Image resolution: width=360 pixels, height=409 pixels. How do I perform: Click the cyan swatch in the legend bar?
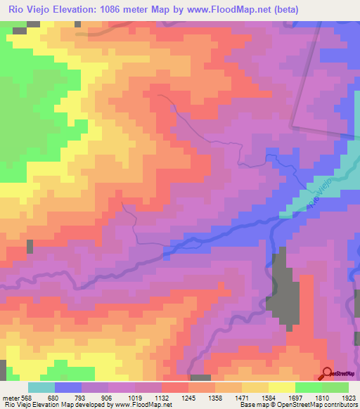click(x=41, y=387)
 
